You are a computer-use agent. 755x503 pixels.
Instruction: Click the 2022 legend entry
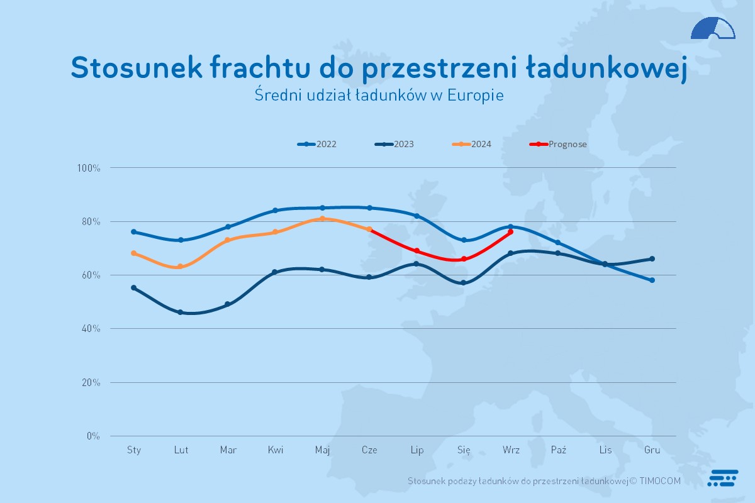318,144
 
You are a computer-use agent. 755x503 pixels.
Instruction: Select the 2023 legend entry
395,144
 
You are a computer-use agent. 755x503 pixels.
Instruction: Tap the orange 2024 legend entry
473,144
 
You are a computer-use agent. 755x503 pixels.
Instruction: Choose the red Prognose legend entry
559,144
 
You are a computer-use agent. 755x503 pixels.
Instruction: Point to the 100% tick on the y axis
89,168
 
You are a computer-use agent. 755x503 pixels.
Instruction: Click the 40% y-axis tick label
91,329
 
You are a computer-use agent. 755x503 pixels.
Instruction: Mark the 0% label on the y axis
93,436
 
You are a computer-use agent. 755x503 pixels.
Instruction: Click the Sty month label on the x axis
134,450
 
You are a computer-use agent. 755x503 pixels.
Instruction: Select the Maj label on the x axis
323,450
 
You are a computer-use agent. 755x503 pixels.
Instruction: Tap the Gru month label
652,450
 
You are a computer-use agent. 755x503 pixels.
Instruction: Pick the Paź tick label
558,450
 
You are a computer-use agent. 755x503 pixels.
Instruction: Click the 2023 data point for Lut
181,312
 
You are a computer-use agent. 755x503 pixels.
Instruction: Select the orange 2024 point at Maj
322,219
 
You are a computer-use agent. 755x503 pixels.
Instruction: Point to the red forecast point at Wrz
510,232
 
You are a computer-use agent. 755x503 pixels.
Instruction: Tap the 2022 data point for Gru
652,280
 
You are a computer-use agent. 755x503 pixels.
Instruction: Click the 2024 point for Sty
133,253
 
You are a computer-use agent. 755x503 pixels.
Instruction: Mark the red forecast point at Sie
464,259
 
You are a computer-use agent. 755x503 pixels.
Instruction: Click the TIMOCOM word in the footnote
660,481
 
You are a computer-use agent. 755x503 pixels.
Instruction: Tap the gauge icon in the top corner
713,29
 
